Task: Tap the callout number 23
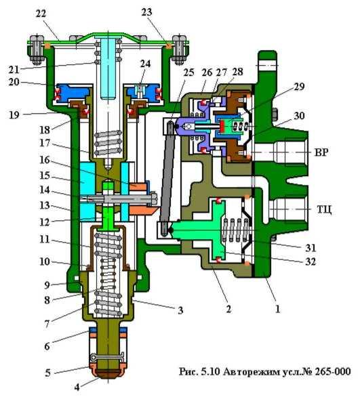point(146,12)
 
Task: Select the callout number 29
point(299,87)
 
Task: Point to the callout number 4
point(77,388)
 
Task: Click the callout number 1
point(278,309)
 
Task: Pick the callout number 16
point(45,160)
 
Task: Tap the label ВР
point(321,152)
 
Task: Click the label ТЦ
point(324,209)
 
